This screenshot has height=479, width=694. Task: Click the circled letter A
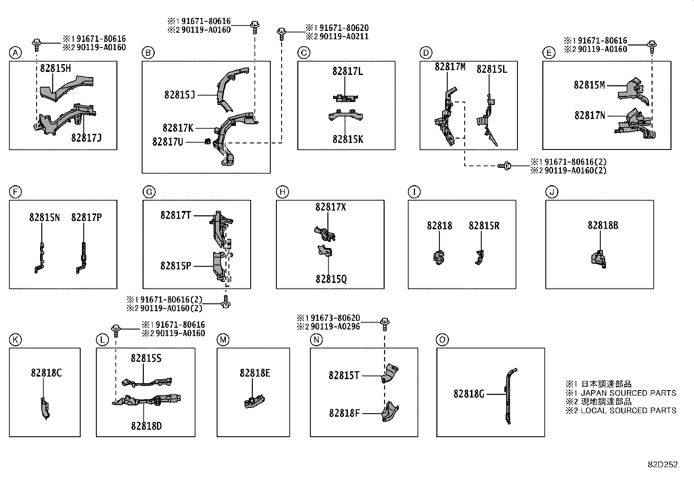(15, 53)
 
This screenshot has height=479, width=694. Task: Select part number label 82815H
(55, 68)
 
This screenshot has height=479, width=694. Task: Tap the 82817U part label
(168, 142)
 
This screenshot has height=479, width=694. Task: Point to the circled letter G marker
(149, 192)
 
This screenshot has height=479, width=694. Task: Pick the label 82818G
(469, 394)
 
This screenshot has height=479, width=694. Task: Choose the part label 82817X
(330, 207)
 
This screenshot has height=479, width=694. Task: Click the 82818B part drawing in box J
(599, 258)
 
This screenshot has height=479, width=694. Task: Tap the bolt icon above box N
(385, 323)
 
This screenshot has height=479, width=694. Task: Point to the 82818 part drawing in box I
(439, 257)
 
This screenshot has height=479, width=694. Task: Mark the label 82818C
(46, 373)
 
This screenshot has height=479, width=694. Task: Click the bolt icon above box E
(652, 44)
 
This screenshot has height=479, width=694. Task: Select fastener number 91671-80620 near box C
(342, 28)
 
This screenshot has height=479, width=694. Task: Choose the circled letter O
(442, 340)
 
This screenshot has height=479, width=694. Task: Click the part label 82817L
(347, 71)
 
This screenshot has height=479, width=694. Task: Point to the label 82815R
(484, 226)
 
